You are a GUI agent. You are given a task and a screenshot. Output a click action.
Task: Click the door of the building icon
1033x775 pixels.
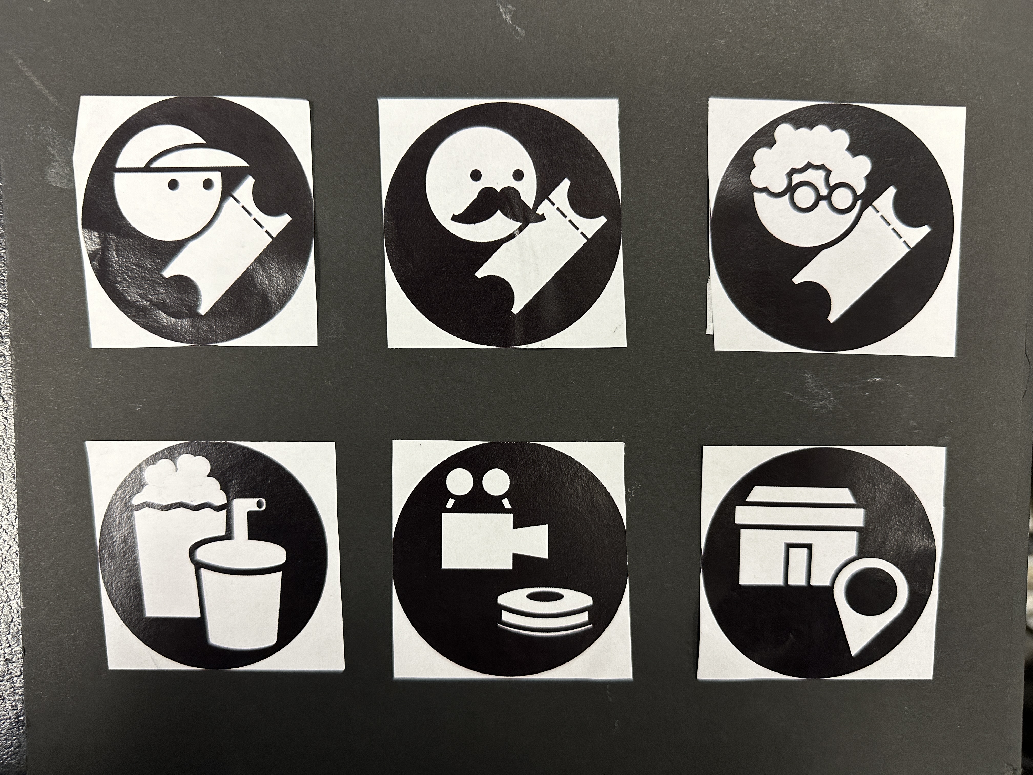[x=799, y=565]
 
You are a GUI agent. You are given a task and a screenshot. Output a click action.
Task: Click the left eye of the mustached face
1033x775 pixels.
[x=476, y=176]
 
